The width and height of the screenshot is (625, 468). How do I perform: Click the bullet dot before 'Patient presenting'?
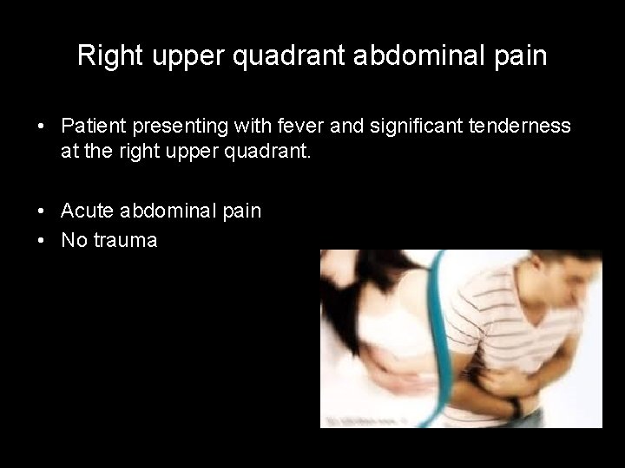click(x=42, y=127)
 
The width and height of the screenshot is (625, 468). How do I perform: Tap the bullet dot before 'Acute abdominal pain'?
click(x=42, y=211)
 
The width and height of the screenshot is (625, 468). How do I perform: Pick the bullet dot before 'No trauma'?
click(x=42, y=241)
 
